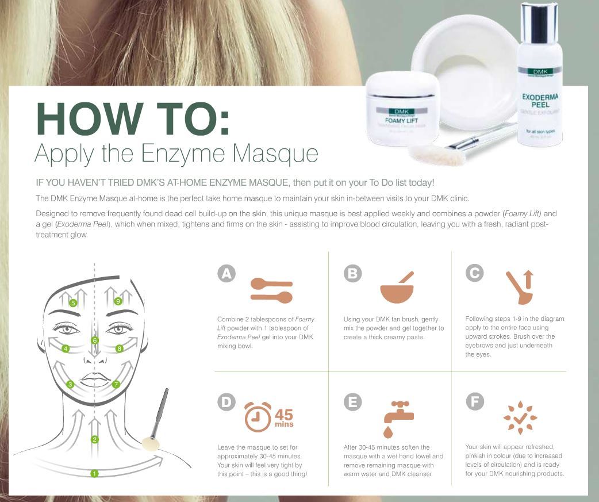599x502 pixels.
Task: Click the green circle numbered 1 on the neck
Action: (94, 473)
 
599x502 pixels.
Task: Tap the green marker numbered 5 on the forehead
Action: (72, 302)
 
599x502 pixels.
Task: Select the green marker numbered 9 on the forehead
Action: (118, 301)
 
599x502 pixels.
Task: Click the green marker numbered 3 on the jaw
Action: (70, 384)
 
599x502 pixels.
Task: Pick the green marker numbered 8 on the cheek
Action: (119, 348)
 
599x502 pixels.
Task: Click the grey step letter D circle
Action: (226, 403)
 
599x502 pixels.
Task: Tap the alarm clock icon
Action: (258, 417)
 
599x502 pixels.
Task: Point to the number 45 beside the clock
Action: (283, 414)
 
